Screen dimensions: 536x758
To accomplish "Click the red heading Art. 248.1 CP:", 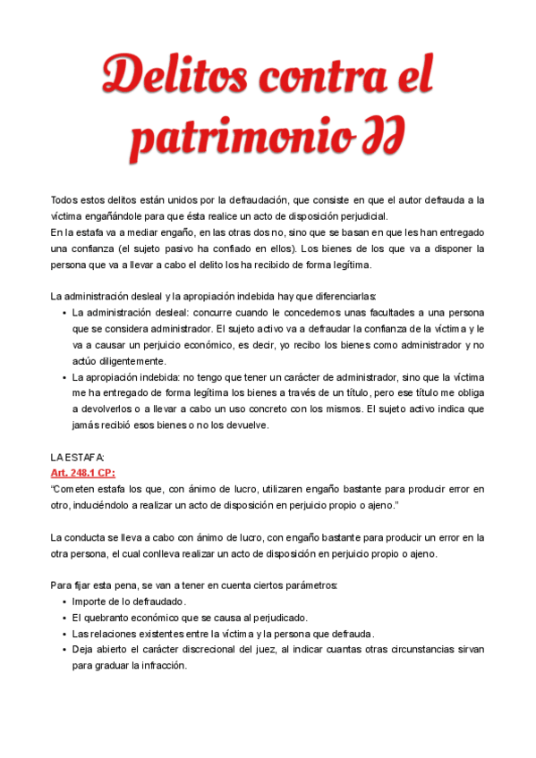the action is (82, 473).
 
